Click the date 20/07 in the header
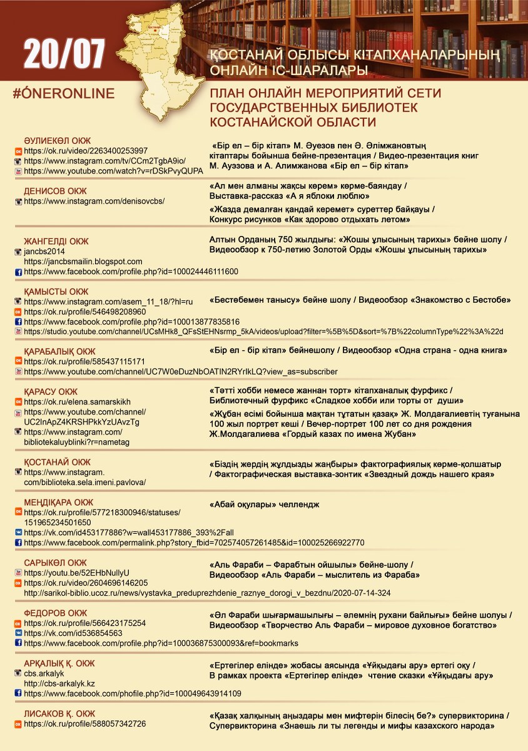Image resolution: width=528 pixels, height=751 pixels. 64,56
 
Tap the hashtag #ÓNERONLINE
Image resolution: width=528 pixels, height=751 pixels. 63,94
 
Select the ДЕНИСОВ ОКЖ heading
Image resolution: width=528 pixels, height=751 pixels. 55,191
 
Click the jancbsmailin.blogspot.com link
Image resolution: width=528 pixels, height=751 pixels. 83,262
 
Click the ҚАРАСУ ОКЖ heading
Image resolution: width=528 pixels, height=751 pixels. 51,392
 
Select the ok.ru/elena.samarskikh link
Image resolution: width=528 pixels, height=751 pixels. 78,402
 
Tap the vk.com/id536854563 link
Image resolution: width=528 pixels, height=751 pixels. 64,633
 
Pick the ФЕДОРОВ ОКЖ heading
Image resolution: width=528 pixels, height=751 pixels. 55,613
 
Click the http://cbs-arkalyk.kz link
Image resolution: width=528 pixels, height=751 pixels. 59,683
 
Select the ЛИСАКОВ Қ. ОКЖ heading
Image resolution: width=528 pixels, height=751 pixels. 59,713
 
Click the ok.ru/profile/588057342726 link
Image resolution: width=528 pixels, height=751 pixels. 84,724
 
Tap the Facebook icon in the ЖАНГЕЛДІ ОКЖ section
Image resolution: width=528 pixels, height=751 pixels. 19,272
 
